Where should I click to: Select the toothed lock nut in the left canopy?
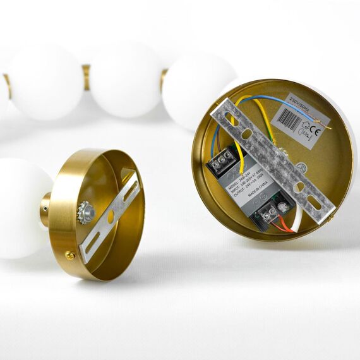[x=85, y=212]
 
